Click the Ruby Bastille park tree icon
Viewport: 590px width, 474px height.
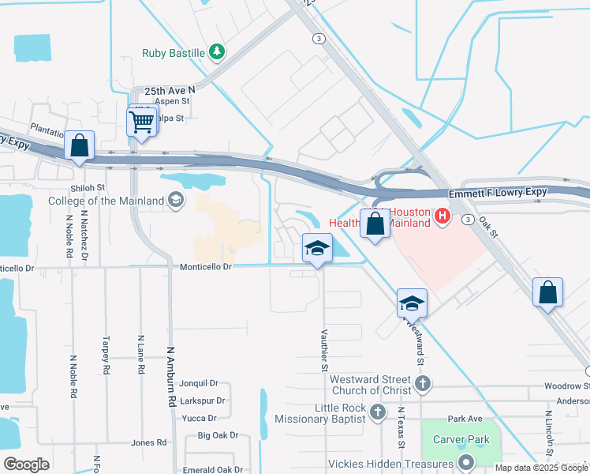[217, 53]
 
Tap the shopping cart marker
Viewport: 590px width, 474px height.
[141, 122]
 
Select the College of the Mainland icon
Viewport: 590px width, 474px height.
[174, 201]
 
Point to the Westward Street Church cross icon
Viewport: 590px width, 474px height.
[424, 385]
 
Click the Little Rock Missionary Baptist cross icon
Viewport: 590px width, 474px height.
[378, 412]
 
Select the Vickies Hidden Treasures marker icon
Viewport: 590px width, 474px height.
[466, 464]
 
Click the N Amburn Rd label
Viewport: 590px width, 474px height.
[170, 377]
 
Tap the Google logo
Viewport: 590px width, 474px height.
[26, 464]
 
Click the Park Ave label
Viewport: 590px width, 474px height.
[465, 418]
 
